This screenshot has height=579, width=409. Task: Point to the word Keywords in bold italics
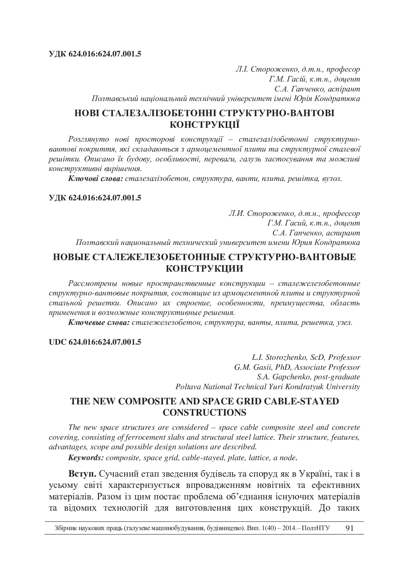click(x=86, y=458)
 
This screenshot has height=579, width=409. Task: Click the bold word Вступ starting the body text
click(x=82, y=474)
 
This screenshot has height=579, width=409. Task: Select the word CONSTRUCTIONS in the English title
click(x=204, y=413)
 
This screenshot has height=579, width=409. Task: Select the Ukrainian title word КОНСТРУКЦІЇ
click(x=204, y=125)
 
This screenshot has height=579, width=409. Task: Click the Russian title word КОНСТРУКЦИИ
click(x=204, y=268)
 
